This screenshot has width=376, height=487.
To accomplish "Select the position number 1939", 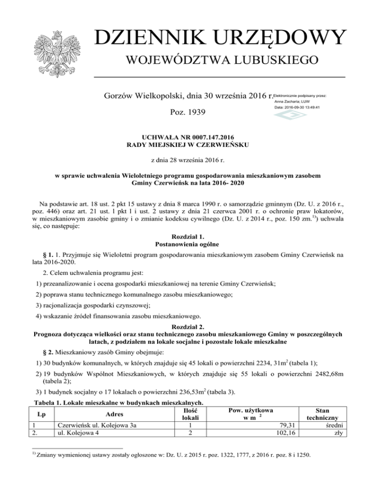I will click(195, 112).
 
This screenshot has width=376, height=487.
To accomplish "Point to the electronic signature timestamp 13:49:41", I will click(310, 107).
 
